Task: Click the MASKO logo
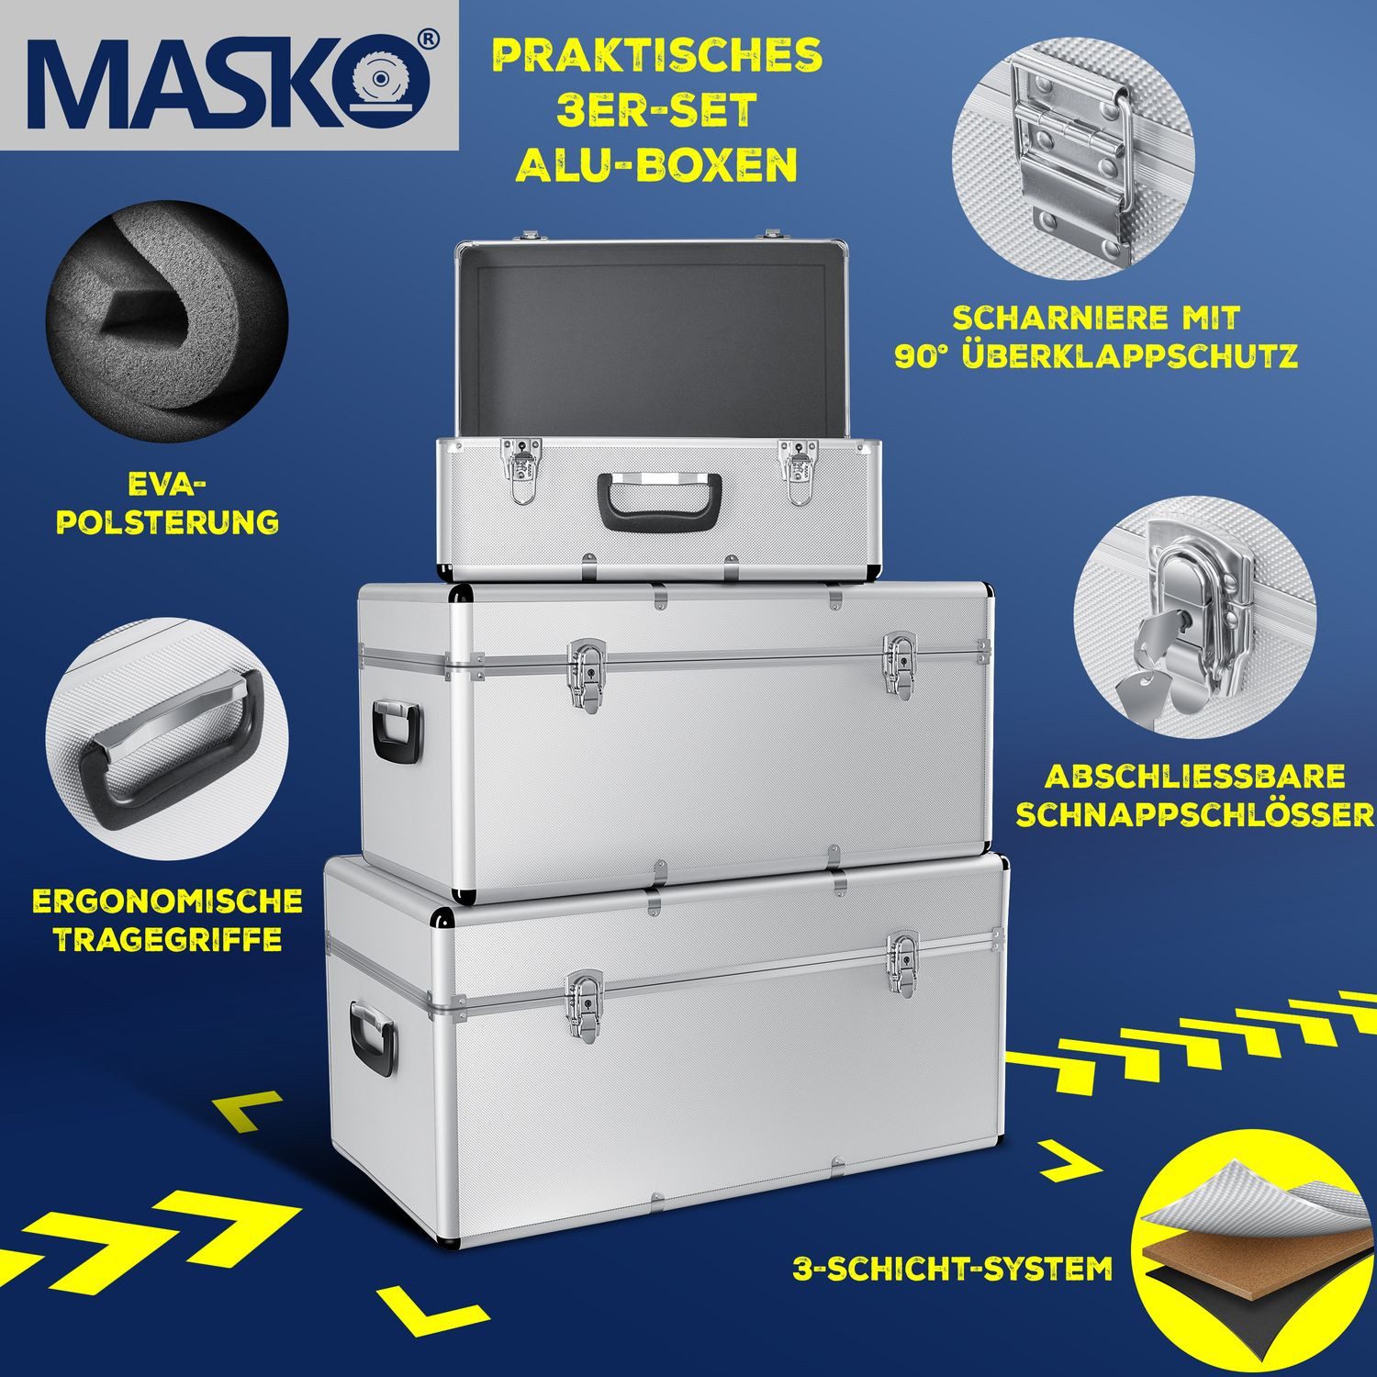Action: (229, 78)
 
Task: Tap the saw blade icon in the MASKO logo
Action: (390, 80)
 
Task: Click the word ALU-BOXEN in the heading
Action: (656, 165)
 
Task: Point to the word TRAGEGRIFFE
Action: (167, 939)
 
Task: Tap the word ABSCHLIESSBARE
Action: (1194, 776)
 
